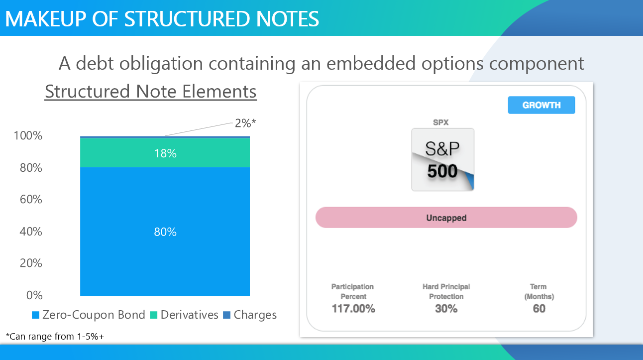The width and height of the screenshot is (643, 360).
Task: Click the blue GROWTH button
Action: [x=541, y=105]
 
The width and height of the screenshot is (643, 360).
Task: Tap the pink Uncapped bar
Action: [x=446, y=218]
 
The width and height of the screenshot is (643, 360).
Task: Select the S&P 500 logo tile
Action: [x=442, y=159]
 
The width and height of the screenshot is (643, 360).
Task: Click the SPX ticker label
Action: [x=440, y=122]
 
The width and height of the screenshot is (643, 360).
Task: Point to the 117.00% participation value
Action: [x=353, y=309]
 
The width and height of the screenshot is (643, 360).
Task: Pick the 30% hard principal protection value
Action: [x=446, y=309]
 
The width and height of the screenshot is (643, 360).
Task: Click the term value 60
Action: [x=539, y=309]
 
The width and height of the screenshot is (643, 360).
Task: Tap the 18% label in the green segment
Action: [x=165, y=153]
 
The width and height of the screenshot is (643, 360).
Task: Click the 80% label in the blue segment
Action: [x=165, y=232]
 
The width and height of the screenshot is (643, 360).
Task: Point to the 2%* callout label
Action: [x=245, y=123]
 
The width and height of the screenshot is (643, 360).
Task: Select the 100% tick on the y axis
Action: [x=28, y=135]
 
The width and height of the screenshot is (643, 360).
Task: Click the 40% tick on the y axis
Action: [x=31, y=231]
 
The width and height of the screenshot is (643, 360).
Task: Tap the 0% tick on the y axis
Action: [x=34, y=295]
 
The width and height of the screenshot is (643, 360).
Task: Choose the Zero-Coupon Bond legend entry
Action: [x=89, y=315]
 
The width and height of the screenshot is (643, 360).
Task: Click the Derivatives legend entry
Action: [x=184, y=315]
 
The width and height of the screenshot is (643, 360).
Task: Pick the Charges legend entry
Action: [x=250, y=315]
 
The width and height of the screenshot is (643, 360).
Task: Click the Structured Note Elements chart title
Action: [x=150, y=92]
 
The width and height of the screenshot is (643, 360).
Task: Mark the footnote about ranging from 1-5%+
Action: [x=55, y=336]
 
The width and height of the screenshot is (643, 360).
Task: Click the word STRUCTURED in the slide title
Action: [x=187, y=19]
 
